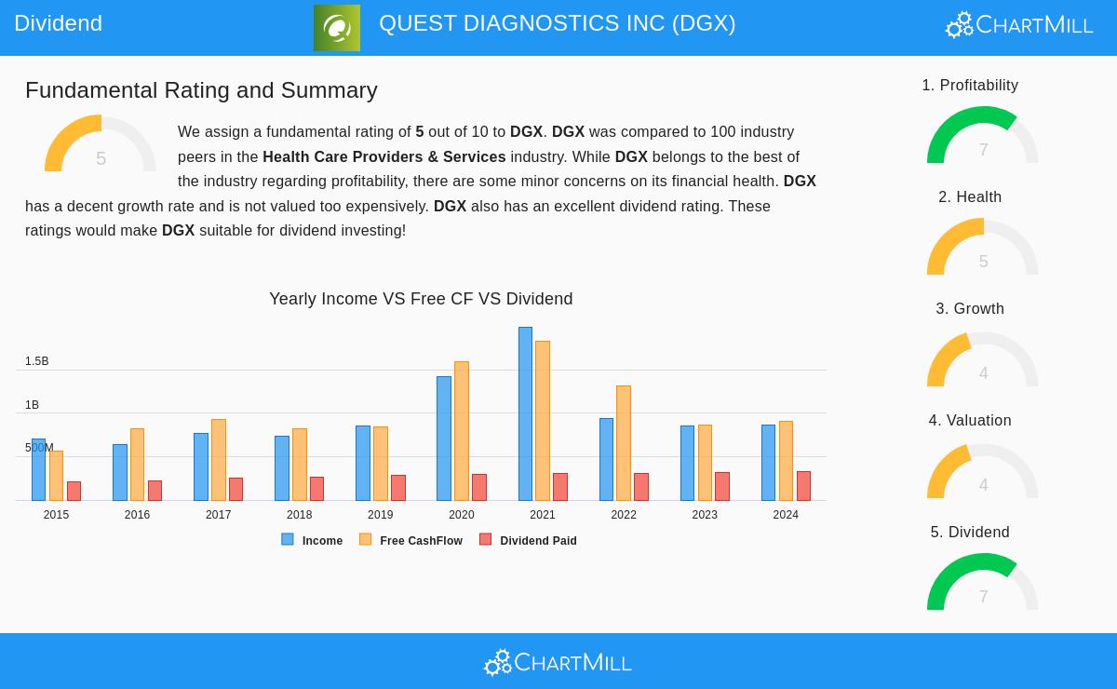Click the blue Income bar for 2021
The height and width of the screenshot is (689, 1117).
click(525, 413)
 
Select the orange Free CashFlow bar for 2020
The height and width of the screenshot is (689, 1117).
click(462, 430)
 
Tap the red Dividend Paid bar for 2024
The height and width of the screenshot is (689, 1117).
click(803, 486)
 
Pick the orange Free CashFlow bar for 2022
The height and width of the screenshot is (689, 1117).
click(624, 442)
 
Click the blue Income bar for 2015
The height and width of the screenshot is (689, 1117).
click(38, 469)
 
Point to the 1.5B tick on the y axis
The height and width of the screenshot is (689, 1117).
click(37, 361)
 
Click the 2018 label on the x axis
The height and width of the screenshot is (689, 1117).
click(299, 515)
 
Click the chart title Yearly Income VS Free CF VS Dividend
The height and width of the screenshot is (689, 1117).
click(421, 299)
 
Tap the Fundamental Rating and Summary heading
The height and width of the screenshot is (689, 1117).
click(201, 90)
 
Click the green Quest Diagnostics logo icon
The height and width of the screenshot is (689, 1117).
click(337, 28)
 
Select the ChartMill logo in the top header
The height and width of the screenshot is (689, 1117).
click(1019, 25)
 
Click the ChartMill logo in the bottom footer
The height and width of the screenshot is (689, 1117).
click(558, 662)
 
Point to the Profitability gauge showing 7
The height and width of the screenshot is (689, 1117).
click(982, 137)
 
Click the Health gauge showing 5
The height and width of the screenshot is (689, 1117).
click(982, 249)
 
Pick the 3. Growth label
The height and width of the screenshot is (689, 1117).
click(970, 309)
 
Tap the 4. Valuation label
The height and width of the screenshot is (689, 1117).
click(970, 421)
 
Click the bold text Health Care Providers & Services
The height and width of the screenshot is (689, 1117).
click(384, 157)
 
